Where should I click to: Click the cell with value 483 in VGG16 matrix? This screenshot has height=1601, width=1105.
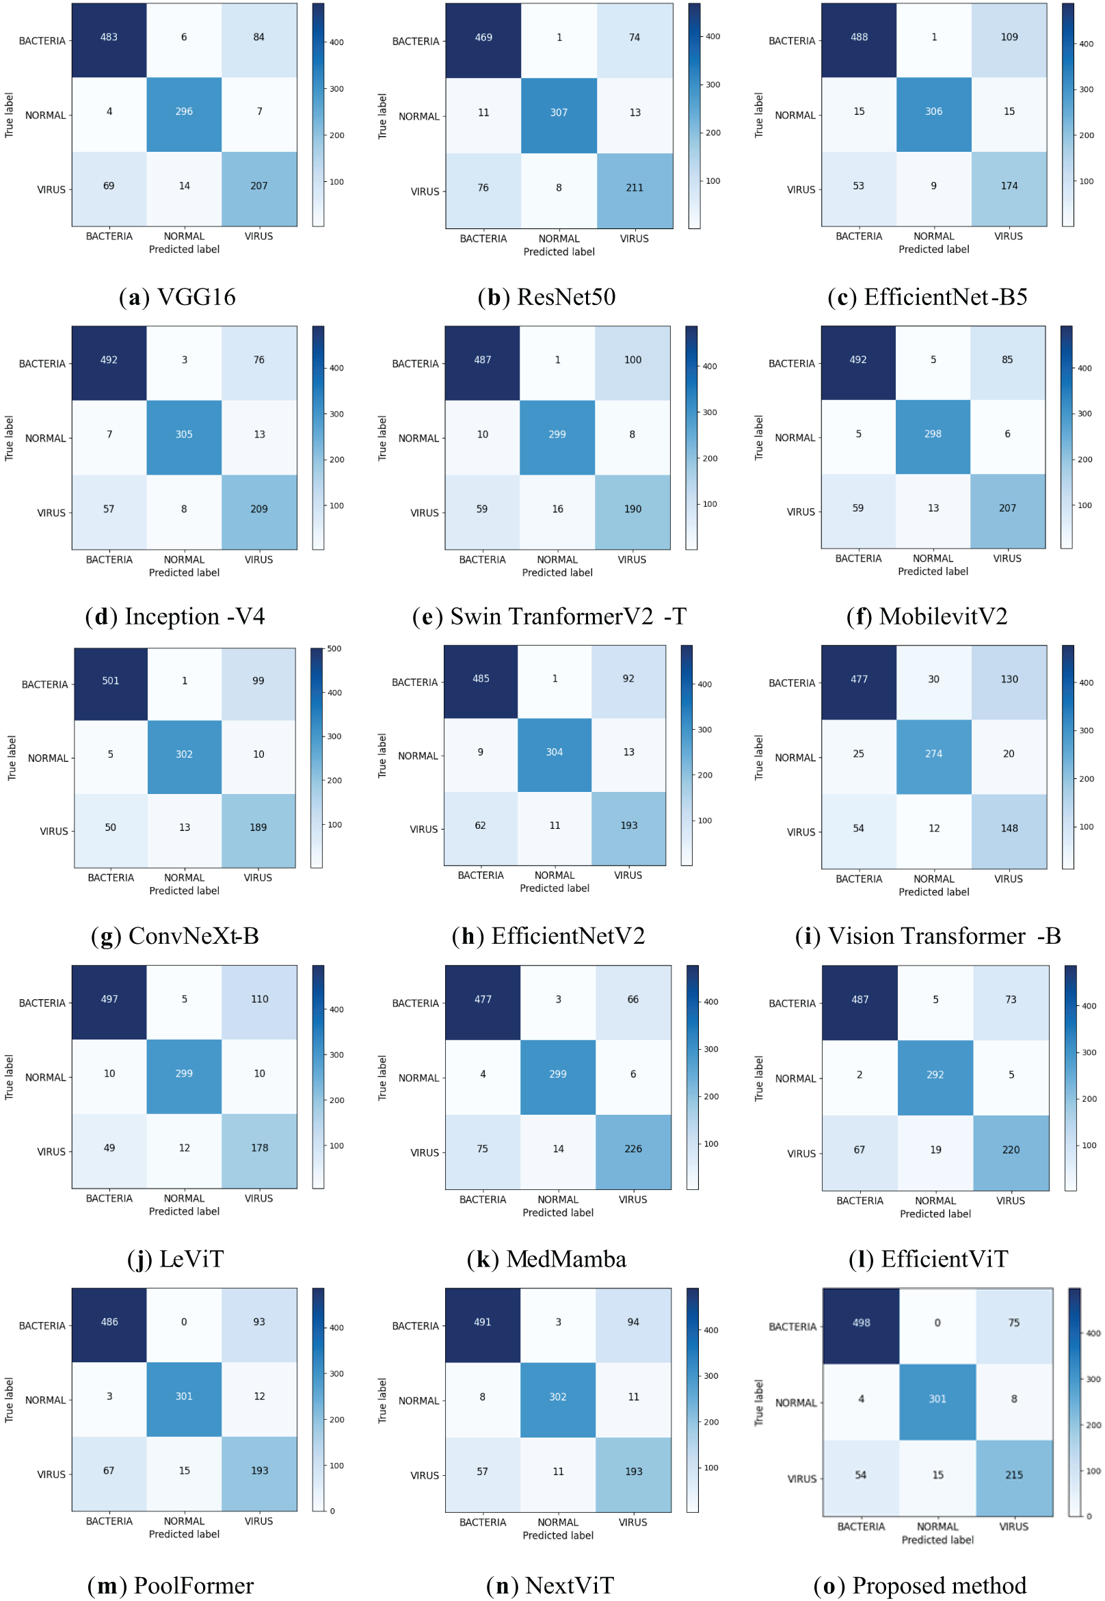[x=109, y=38]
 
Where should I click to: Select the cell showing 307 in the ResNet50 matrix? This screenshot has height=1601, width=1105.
[x=559, y=113]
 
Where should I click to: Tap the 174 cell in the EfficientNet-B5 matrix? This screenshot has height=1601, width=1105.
[x=1009, y=186]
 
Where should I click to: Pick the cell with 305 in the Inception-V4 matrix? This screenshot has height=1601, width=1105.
[x=183, y=435]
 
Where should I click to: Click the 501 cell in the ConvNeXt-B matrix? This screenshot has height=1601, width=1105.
[x=110, y=681]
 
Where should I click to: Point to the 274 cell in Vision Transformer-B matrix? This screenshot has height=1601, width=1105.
[x=933, y=754]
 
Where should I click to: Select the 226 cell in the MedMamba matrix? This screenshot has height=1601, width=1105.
[x=633, y=1150]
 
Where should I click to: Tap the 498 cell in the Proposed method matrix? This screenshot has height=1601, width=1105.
[x=861, y=1323]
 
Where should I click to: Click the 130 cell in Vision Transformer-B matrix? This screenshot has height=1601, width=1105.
[x=1009, y=680]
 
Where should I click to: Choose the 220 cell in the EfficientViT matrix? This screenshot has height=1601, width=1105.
[x=1010, y=1150]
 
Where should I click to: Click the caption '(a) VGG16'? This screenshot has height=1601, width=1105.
[x=177, y=297]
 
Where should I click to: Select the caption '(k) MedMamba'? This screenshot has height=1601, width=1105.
[x=546, y=1260]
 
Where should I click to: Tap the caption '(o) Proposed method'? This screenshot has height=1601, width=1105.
[x=920, y=1586]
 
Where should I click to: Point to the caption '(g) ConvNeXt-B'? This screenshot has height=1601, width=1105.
[x=174, y=936]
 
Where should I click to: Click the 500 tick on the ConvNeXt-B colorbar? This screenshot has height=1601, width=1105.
[x=334, y=650]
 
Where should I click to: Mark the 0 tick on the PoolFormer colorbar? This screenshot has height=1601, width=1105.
[x=332, y=1511]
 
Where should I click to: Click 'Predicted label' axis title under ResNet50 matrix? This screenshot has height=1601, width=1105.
[x=559, y=253]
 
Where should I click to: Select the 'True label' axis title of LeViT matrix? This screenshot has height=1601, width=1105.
[x=9, y=1078]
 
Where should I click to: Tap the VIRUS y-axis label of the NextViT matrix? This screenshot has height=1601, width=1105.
[x=425, y=1476]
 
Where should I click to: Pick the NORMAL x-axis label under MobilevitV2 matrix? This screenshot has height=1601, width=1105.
[x=933, y=559]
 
